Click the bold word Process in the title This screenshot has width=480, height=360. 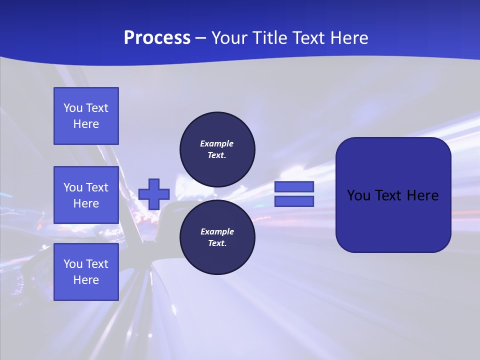point(157,38)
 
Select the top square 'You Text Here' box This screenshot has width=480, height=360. point(86,116)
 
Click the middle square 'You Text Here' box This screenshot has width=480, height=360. point(86,195)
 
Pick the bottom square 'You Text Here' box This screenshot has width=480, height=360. point(86,272)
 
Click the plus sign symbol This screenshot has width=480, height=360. point(154,194)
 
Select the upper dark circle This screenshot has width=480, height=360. point(217,149)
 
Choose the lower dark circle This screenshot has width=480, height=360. point(217,237)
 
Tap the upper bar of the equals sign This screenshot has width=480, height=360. point(294,186)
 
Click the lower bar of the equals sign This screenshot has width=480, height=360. point(294,201)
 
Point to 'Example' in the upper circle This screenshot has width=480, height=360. point(216,143)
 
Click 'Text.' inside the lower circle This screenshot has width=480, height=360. point(217,243)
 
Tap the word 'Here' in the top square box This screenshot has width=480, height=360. point(86,124)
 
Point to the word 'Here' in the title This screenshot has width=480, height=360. point(349,38)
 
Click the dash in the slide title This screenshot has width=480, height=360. point(200,38)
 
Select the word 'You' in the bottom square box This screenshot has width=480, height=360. point(73,264)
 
